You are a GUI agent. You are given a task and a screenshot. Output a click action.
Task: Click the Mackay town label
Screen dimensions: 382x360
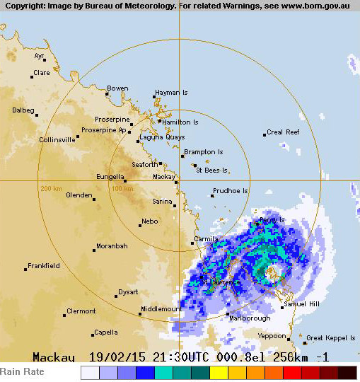164,177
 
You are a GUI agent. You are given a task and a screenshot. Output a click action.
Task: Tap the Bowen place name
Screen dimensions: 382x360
118,88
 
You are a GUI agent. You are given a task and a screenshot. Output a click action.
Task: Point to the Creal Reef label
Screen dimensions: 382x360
284,132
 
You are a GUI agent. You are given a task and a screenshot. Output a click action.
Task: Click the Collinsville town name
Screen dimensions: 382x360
57,140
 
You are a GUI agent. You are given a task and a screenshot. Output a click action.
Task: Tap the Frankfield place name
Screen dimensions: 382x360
44,266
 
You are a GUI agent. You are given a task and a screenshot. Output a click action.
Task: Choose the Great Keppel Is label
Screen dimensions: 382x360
331,338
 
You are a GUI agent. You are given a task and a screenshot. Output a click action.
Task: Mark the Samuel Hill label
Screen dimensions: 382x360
301,304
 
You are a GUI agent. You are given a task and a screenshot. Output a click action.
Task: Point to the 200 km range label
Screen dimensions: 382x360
52,189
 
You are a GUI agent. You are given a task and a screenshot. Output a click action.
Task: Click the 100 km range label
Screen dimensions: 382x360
122,189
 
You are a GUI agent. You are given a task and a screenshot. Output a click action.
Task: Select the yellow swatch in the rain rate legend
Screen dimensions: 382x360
219,372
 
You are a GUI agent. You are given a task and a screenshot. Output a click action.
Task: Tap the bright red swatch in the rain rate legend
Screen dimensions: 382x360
292,372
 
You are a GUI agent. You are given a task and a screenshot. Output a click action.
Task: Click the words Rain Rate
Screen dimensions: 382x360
22,372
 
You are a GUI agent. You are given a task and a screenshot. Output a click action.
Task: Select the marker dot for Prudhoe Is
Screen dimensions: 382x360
212,195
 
